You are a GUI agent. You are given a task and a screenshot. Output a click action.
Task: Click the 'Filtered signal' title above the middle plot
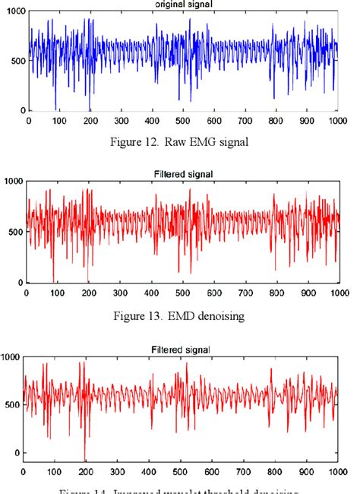pos(182,173)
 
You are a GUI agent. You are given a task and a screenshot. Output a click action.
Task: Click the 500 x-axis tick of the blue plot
pos(182,120)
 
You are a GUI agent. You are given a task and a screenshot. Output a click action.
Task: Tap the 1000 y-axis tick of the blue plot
pos(13,8)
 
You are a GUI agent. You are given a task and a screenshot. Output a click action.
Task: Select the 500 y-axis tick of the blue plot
pos(16,60)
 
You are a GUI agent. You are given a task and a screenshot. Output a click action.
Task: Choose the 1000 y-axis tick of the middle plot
pos(12,181)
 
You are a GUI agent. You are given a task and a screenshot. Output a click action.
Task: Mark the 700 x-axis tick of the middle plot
pos(245,293)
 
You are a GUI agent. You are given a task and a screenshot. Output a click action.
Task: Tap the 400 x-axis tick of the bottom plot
pos(149,471)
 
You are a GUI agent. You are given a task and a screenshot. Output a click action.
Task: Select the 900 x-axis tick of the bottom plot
pos(305,471)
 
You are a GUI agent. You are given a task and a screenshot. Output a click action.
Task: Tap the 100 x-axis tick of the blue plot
pos(59,120)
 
